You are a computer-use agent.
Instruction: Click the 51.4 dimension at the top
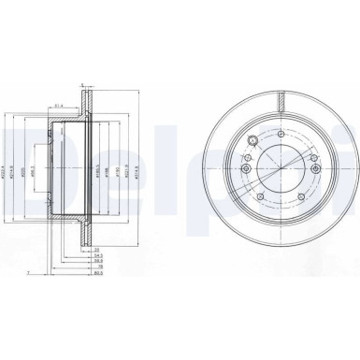[x=58, y=108]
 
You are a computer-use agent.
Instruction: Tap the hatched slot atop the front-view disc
[x=278, y=98]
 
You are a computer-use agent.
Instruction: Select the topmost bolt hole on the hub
[x=278, y=134]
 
